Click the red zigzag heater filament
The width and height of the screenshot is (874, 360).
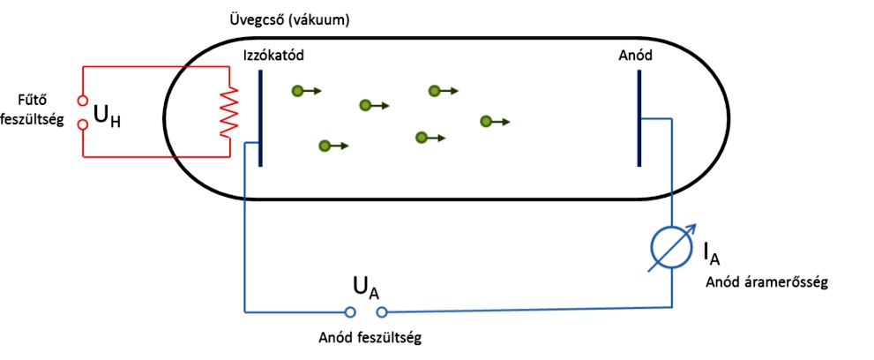(229, 111)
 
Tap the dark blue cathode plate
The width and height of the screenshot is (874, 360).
(260, 118)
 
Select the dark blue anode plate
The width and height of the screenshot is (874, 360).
(639, 118)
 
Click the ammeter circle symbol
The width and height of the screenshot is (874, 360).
(672, 247)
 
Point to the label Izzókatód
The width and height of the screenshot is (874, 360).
(273, 56)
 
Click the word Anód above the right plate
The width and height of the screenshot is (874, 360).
(635, 56)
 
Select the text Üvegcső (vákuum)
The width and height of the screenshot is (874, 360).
(289, 21)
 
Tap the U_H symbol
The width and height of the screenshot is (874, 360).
(107, 119)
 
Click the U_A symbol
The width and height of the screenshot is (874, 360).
(366, 289)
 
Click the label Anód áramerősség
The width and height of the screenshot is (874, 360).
(767, 282)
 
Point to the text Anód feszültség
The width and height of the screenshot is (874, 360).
(370, 338)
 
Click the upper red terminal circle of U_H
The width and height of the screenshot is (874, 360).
(83, 101)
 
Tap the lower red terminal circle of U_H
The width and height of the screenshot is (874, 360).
(83, 124)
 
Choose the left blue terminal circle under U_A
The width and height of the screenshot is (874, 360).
(349, 312)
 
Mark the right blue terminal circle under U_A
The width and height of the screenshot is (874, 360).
(382, 312)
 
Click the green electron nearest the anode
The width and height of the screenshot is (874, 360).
(486, 121)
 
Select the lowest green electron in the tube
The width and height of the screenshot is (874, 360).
(325, 146)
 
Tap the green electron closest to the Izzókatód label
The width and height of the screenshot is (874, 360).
(298, 90)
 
